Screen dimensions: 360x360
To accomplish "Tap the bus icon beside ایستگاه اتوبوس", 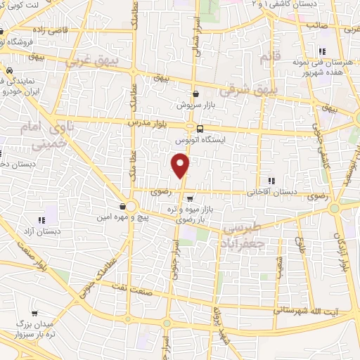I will coord(200,129).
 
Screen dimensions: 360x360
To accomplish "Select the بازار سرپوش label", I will coord(198,104).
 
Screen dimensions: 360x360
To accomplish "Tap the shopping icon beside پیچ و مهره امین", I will coord(123,207).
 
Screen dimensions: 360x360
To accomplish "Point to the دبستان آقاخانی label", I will coord(271,191).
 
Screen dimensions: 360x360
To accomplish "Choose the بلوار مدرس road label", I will coord(148,122).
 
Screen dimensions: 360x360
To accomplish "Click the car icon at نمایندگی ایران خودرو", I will coord(10,72).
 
